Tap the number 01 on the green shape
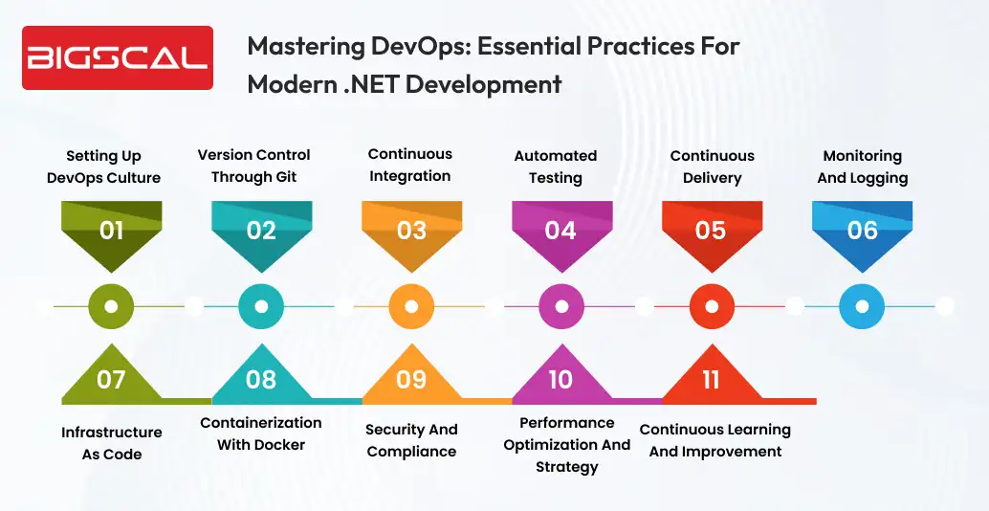coord(111,231)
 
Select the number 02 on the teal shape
coord(261,231)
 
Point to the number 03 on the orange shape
coord(411,231)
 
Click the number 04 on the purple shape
coord(560,231)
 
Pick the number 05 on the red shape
coord(711,231)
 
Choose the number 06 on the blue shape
coord(862,231)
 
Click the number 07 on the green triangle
coord(111,380)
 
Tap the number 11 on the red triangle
coord(711,380)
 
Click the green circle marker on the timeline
coord(111,306)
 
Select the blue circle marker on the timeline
coord(862,306)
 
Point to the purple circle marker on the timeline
coord(561,306)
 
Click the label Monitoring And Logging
coord(862,167)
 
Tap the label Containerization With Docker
coord(260,433)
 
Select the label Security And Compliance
coord(411,440)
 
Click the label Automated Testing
coord(555,167)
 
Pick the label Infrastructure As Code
coord(111,443)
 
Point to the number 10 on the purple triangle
coord(560,380)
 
